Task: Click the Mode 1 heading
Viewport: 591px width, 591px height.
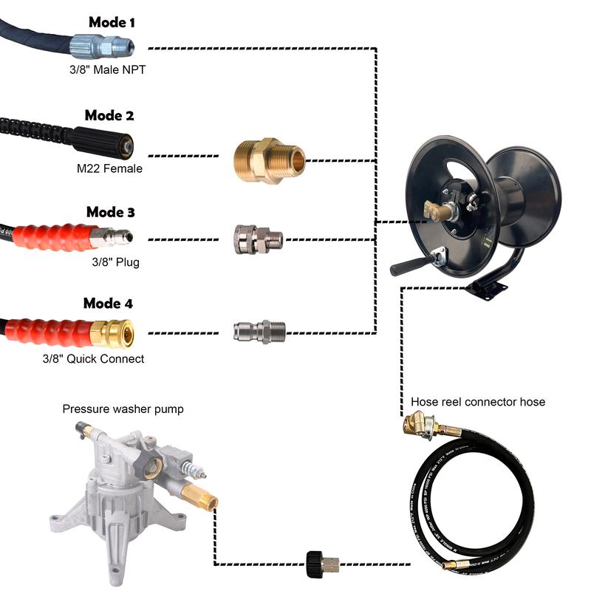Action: (x=112, y=22)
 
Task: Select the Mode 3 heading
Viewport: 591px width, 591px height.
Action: (x=110, y=213)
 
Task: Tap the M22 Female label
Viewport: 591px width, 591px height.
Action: (x=109, y=169)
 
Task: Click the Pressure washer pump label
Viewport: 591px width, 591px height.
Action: (x=123, y=409)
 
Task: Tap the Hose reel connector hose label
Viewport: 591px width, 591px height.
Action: (x=478, y=402)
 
